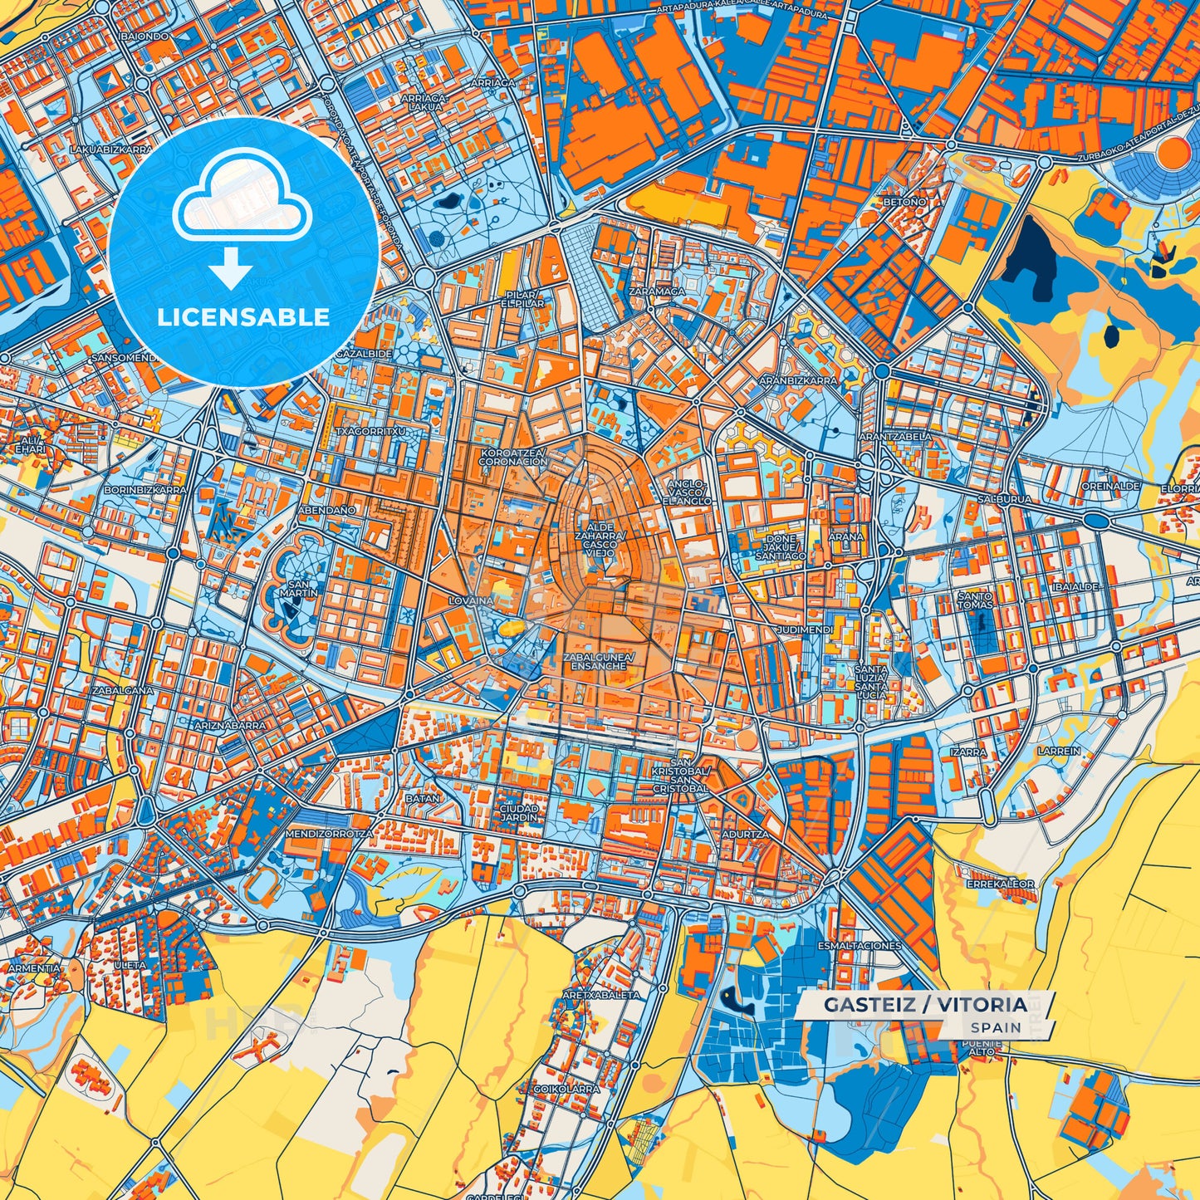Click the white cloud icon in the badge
242,198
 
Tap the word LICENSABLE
243,317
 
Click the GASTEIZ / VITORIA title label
925,1005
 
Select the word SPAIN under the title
996,1027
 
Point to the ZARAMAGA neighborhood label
657,291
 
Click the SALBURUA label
1004,499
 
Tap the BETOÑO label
904,202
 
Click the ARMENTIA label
34,968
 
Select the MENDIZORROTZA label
328,832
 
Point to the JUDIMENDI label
804,630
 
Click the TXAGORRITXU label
370,432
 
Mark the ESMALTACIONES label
859,945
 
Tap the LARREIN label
1059,751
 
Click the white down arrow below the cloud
231,271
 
